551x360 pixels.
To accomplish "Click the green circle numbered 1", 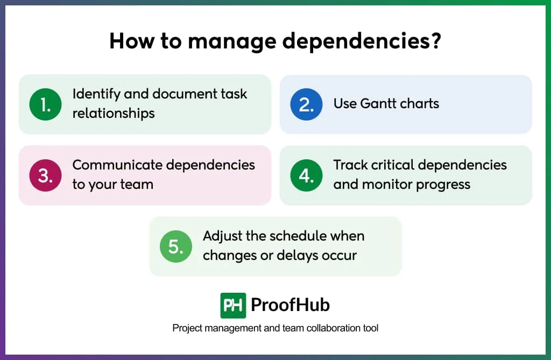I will pos(45,104).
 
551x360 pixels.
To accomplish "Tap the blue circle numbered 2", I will pos(306,104).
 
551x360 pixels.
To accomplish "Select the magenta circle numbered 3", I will pos(45,175).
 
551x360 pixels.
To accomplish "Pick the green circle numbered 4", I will pos(306,175).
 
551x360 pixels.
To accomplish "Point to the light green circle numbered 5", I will pos(176,246).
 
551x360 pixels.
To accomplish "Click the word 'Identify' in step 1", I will pos(96,94).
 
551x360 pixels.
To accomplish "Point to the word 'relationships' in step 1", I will pos(114,113).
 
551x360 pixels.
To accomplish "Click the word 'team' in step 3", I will pos(136,184).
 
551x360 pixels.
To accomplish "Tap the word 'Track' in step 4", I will pos(350,165).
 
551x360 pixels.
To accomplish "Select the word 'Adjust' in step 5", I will pos(222,236).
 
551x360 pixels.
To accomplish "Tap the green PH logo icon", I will pos(233,306).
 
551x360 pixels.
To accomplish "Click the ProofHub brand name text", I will pos(290,306).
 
